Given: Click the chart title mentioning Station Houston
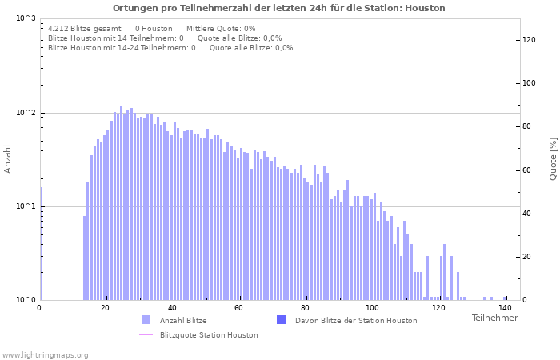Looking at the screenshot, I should [x=279, y=8].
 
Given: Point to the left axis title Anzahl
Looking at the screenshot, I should [x=8, y=159].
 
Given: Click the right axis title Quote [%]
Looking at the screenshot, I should [x=553, y=159].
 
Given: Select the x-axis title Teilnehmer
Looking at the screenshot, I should [x=494, y=318].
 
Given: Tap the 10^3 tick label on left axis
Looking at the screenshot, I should [x=26, y=18].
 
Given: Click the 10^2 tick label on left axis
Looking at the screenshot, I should [x=26, y=113].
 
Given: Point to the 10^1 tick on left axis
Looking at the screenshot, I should [x=26, y=206].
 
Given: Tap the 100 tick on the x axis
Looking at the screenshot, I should [x=372, y=308].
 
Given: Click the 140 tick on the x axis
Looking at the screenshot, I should [x=505, y=308].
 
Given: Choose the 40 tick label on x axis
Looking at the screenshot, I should [x=172, y=308].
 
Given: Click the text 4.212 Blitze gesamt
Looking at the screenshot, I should [x=85, y=29].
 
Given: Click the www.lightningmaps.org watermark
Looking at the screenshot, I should [x=46, y=354].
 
